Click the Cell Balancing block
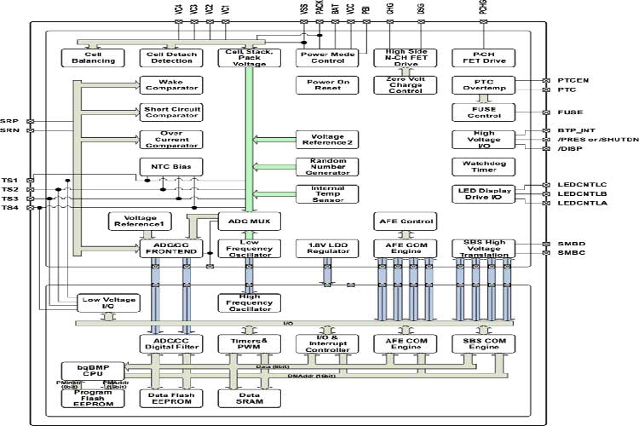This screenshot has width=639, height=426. [87, 57]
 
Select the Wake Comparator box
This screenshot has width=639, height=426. [170, 85]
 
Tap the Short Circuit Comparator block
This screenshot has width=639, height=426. [170, 112]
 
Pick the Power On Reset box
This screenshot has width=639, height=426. [320, 85]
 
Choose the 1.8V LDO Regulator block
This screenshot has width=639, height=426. [321, 248]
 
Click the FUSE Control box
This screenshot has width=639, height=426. [482, 112]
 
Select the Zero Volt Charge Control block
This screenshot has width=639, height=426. [400, 85]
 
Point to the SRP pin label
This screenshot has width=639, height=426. [9, 121]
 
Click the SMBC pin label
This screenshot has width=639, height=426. [571, 253]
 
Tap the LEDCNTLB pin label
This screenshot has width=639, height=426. [581, 194]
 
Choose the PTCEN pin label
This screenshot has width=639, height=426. [573, 80]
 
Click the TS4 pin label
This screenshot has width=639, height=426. [9, 208]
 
